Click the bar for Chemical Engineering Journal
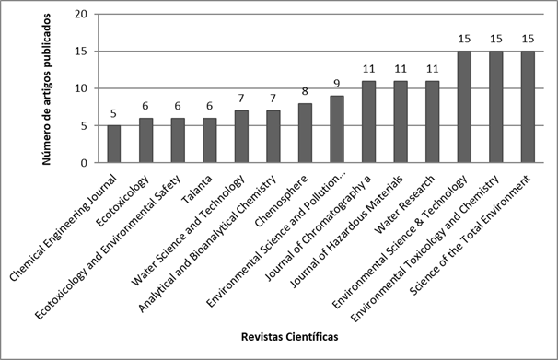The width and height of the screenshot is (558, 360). (x=114, y=145)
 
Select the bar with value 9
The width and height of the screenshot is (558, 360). (x=337, y=130)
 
